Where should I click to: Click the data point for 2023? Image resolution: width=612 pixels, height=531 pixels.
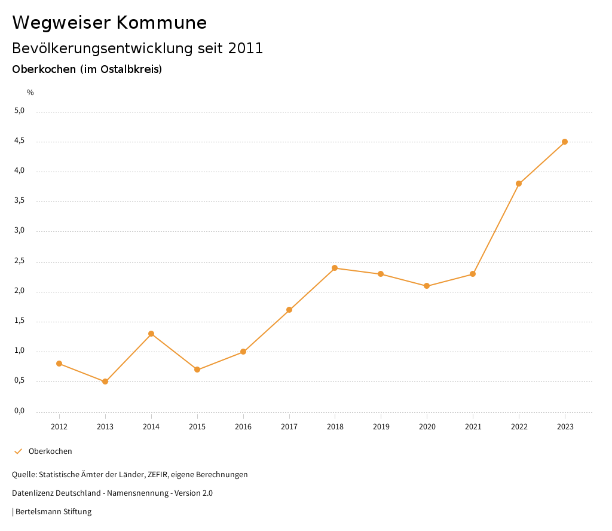(565, 142)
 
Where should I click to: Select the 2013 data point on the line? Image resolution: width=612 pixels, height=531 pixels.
(105, 382)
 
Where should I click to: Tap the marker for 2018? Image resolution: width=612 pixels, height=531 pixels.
(335, 268)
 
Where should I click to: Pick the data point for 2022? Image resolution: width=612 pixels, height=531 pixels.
(519, 184)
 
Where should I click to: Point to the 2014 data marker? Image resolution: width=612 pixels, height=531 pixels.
(151, 334)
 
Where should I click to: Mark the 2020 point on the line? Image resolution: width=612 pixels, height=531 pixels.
(427, 286)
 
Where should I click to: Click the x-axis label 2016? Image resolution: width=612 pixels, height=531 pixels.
(243, 427)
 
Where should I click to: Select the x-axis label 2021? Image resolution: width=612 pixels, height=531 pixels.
(473, 427)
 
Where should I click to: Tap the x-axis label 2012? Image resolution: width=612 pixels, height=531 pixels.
(59, 427)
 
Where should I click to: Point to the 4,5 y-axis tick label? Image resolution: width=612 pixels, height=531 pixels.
(20, 141)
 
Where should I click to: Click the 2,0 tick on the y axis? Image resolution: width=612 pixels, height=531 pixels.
(20, 291)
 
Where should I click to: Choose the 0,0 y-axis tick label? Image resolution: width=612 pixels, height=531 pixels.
(20, 411)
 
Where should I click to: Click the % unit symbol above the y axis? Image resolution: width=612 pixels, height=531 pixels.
(30, 93)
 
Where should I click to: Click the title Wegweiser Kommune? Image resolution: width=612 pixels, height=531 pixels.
(109, 23)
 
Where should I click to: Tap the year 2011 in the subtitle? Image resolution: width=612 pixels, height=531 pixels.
(246, 48)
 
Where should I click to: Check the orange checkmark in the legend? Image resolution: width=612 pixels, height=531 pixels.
(18, 451)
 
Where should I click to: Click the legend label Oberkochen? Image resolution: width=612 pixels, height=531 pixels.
(50, 451)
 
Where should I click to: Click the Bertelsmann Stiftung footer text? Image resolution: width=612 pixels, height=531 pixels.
(53, 512)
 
